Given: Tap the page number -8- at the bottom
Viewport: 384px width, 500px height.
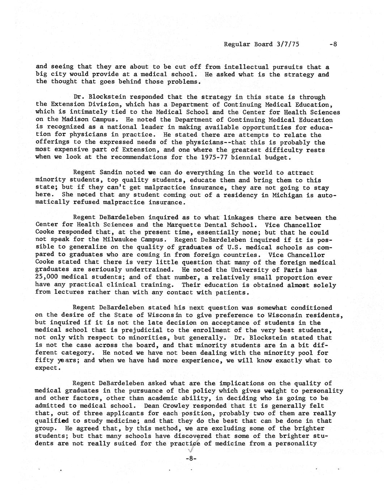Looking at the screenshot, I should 191,458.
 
